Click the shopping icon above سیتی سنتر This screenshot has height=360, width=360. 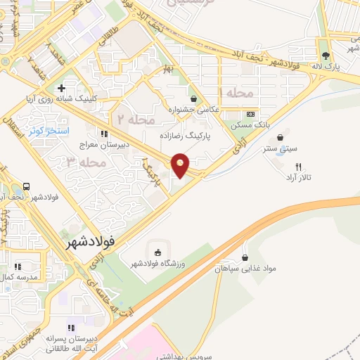pos(281,137)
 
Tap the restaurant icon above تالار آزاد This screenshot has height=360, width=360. pos(299,167)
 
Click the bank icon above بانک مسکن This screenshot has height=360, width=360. pos(250,115)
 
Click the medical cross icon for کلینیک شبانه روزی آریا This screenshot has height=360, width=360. pos(62,89)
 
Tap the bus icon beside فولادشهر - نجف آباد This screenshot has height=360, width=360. pos(26,187)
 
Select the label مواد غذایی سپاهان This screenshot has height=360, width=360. pos(244,268)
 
